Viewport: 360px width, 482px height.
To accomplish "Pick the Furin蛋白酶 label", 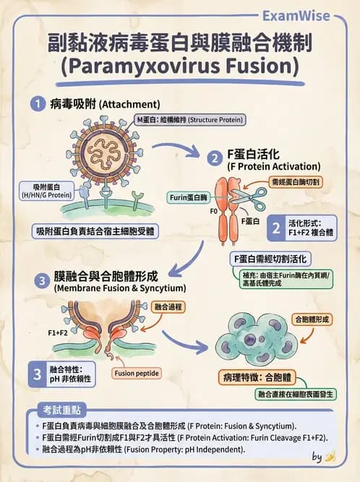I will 189,197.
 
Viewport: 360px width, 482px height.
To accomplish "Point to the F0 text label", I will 213,213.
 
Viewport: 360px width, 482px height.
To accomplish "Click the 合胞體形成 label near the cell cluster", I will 311,319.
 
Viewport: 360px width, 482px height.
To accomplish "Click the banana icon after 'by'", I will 330,457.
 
